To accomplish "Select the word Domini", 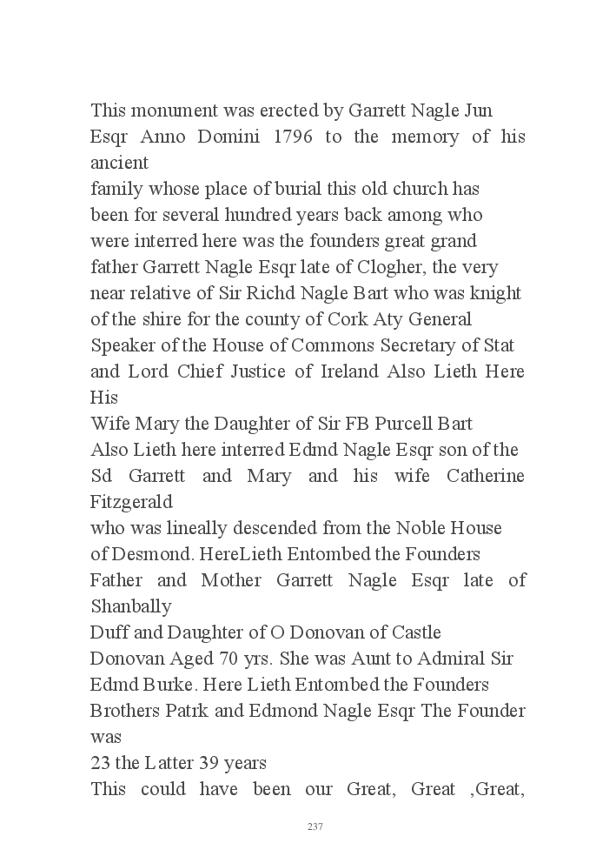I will click(x=234, y=137).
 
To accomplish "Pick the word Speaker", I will click(x=121, y=345).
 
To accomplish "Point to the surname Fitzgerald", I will click(x=131, y=502).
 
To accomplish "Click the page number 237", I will click(x=315, y=826).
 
